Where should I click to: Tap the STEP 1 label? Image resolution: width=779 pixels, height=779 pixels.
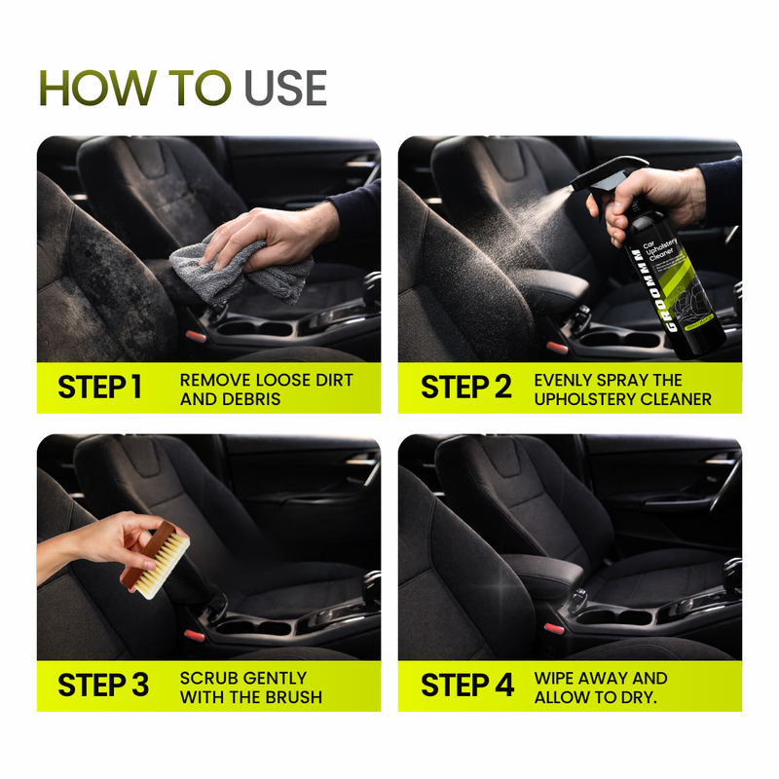point(100,388)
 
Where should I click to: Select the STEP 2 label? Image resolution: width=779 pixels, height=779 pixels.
point(465,388)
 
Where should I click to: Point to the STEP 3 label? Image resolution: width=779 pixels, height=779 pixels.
point(103,685)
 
